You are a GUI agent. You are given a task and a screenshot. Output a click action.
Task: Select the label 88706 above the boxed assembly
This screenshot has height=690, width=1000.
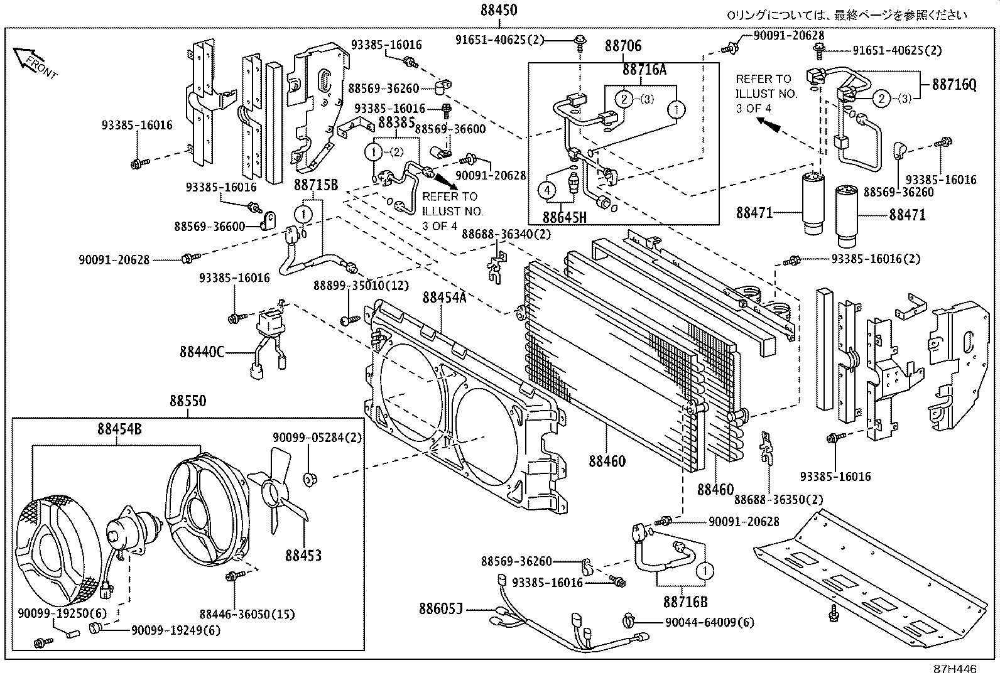[623, 45]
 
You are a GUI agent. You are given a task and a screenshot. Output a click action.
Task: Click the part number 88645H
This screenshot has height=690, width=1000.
[564, 217]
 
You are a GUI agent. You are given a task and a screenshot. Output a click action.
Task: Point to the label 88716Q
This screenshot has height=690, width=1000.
[954, 84]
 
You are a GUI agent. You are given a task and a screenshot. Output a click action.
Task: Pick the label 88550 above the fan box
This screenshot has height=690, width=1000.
[188, 401]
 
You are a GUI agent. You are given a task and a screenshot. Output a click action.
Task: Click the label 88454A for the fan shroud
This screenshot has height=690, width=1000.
[444, 297]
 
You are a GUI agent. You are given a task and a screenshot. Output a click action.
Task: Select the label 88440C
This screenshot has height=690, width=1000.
[202, 352]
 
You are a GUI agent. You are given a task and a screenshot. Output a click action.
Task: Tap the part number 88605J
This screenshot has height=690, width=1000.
[441, 608]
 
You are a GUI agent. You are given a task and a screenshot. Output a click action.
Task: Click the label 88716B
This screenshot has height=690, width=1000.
[685, 602]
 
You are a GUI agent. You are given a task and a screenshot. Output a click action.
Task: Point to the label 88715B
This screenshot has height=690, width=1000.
[316, 185]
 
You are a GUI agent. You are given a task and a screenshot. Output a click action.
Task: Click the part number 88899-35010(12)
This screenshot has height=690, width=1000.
[361, 286]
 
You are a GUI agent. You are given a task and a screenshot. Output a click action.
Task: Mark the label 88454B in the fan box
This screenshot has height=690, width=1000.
[119, 429]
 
